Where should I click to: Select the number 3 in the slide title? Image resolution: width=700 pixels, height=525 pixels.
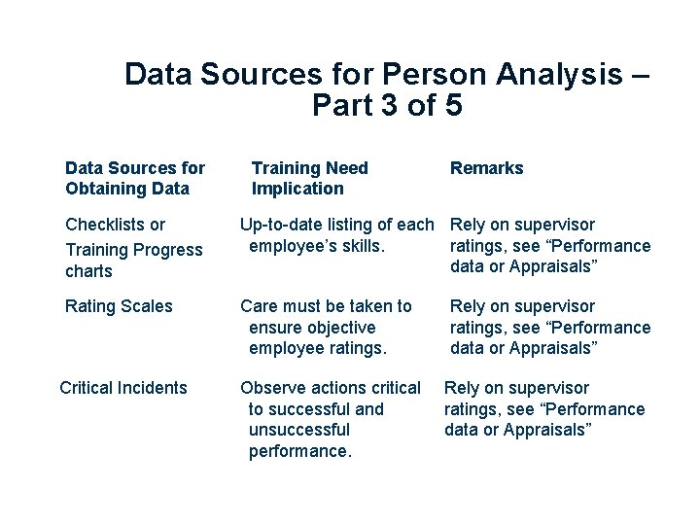pyautogui.click(x=386, y=106)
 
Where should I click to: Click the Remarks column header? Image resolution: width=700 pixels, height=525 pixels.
pyautogui.click(x=486, y=168)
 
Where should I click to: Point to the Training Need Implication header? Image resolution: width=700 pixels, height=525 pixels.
pyautogui.click(x=309, y=178)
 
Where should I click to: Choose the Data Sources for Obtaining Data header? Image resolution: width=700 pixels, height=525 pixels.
pyautogui.click(x=134, y=178)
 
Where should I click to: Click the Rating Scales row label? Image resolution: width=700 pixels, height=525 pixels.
pyautogui.click(x=119, y=306)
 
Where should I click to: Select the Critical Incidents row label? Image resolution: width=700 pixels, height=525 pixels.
pyautogui.click(x=123, y=388)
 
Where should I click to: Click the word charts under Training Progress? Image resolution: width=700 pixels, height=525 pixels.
pyautogui.click(x=89, y=271)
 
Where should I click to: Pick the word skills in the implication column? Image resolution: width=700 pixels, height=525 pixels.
pyautogui.click(x=361, y=246)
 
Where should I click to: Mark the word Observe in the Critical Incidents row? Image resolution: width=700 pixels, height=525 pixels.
pyautogui.click(x=269, y=388)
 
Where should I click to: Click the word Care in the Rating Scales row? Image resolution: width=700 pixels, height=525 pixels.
pyautogui.click(x=259, y=306)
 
